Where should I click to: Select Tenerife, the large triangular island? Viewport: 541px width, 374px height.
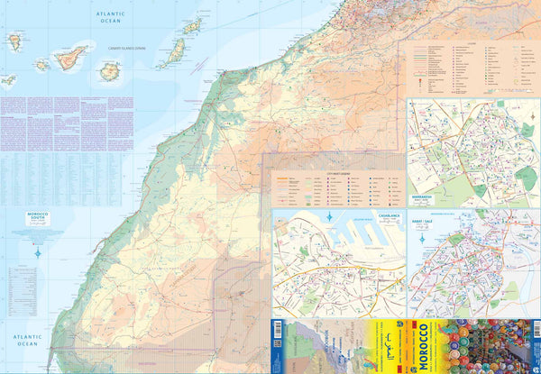[70, 59]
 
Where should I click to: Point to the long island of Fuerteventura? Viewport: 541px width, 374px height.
[171, 53]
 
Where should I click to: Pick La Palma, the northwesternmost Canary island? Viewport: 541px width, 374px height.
[14, 41]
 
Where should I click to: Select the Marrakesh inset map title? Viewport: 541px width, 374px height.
[425, 191]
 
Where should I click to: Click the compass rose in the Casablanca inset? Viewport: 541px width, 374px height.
[332, 218]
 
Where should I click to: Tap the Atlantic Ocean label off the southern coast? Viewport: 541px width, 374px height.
[22, 339]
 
